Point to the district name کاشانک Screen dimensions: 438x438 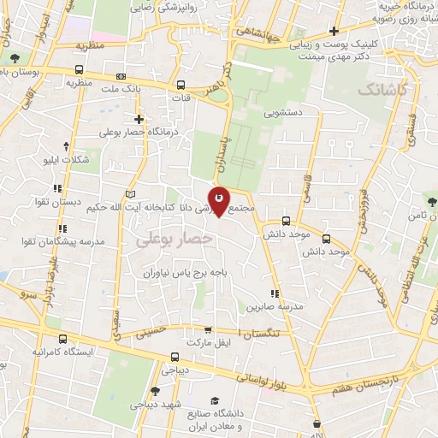coord(382,89)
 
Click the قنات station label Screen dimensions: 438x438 coord(181,98)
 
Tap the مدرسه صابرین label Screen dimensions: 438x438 coord(271,306)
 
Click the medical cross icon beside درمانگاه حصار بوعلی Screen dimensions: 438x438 coord(138,119)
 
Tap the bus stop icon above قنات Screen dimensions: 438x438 coord(181,85)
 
